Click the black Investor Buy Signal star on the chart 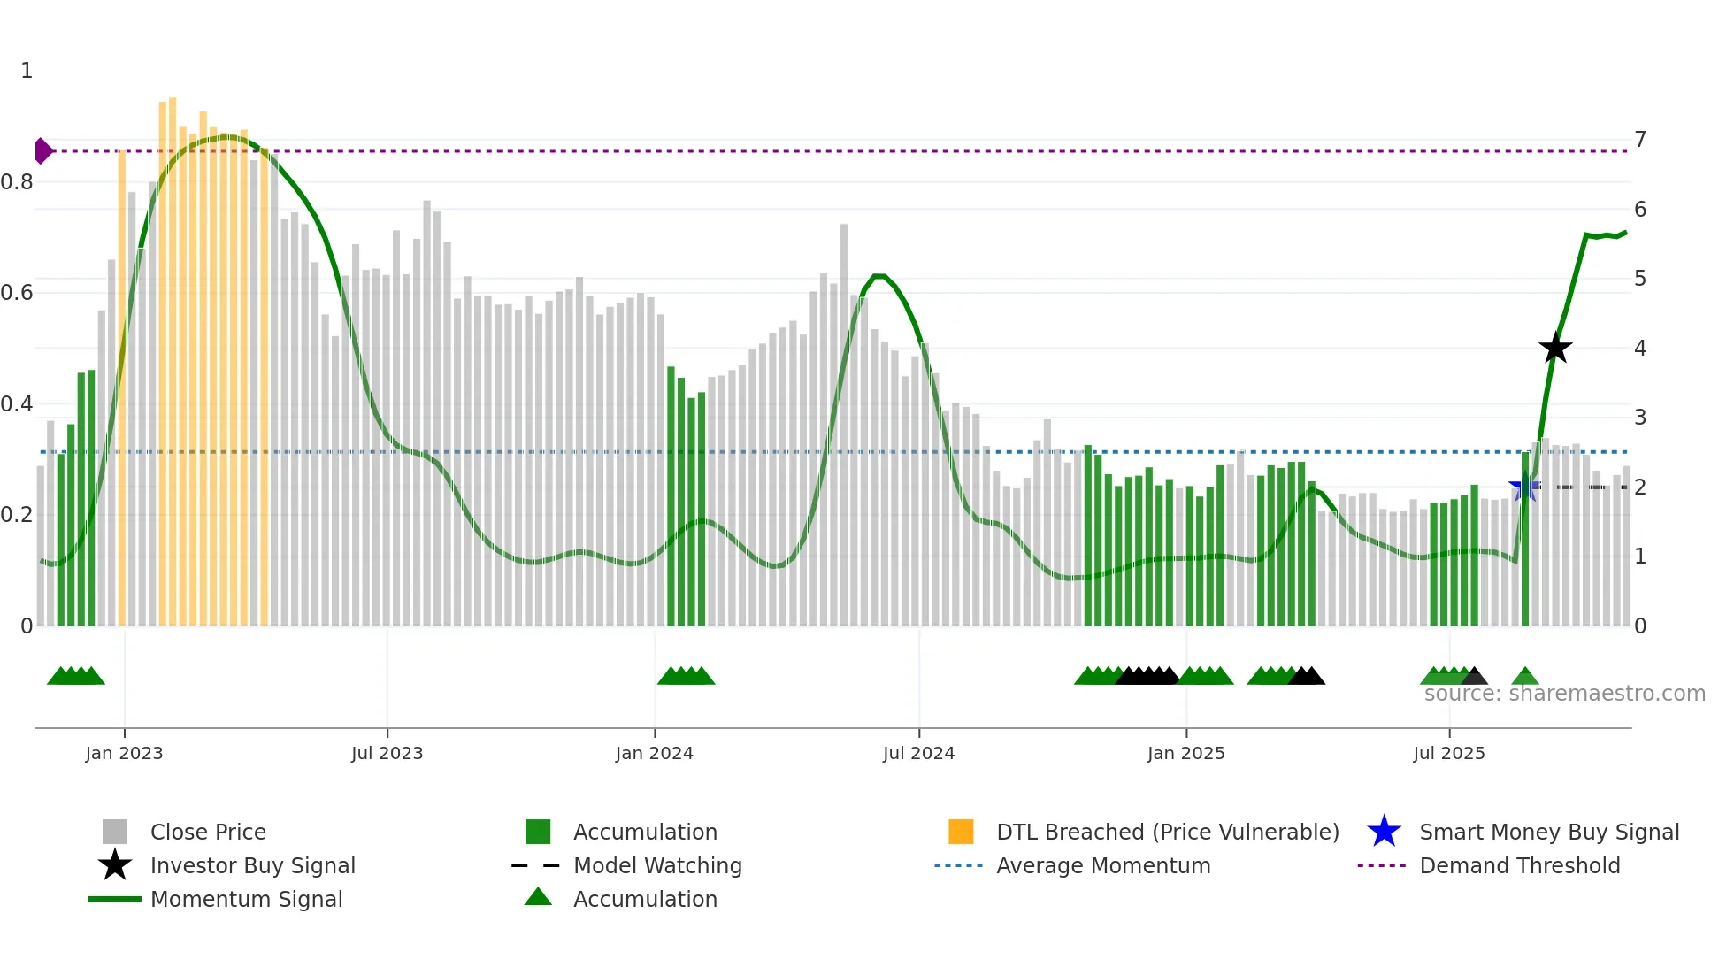1555,348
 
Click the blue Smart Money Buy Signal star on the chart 1523,487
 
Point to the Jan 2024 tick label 654,753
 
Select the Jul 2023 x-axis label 387,753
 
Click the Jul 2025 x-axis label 1448,753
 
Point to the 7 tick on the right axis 1640,140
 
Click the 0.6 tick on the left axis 18,293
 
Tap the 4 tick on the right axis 1640,349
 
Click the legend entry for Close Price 208,832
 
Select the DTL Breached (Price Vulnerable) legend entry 1167,832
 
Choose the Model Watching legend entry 656,865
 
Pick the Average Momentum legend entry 1102,865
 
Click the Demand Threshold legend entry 1519,865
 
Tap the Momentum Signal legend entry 246,899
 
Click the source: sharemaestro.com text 1564,694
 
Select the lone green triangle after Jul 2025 1524,677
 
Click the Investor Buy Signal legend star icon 115,865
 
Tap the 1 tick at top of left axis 27,71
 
